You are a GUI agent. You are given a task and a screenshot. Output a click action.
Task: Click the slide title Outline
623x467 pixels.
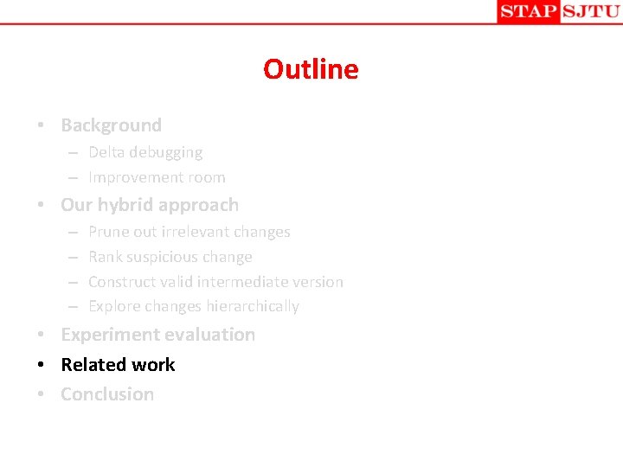311,69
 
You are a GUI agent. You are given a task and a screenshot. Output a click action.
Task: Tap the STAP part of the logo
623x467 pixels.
527,11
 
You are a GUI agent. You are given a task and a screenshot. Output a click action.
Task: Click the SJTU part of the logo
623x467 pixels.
590,11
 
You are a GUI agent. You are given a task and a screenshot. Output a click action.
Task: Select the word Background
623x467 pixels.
111,125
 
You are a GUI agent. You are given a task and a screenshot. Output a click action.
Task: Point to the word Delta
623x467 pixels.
107,152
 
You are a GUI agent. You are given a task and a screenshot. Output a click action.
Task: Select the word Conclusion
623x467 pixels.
107,394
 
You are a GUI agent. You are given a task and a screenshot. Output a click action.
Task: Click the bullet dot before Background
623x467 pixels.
41,126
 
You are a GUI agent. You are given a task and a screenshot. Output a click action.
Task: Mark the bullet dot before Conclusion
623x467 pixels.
41,395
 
